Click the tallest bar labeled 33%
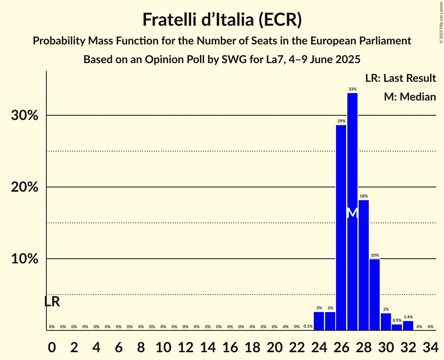352,210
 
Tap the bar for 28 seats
363,265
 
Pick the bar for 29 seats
375,295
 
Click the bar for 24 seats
319,321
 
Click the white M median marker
352,213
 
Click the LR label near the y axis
52,302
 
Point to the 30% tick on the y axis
27,116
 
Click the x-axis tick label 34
430,345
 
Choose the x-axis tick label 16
230,345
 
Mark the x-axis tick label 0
52,345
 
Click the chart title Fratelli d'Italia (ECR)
222,19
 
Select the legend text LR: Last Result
400,78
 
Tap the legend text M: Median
410,97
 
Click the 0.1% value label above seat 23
308,326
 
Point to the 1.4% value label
408,317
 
